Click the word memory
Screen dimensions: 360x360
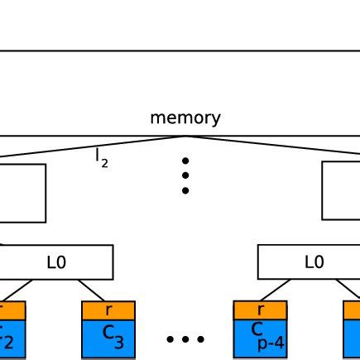click(x=185, y=118)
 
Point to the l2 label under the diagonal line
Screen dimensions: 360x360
click(x=102, y=158)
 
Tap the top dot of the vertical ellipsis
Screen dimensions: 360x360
click(x=185, y=161)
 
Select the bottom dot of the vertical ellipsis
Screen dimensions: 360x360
click(x=185, y=190)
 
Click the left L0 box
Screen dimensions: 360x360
click(x=56, y=262)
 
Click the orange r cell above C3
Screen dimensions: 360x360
click(x=108, y=310)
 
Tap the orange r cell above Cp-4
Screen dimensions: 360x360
click(x=260, y=310)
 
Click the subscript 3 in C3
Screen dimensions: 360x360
click(x=118, y=343)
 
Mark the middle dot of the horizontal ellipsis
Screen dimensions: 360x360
click(x=185, y=339)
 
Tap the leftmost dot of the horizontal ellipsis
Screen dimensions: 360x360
click(x=170, y=339)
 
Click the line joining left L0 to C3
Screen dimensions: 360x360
click(x=92, y=290)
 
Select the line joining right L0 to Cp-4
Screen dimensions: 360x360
click(x=276, y=290)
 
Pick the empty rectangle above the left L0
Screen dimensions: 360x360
click(x=22, y=193)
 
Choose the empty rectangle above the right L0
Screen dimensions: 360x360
click(x=341, y=190)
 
